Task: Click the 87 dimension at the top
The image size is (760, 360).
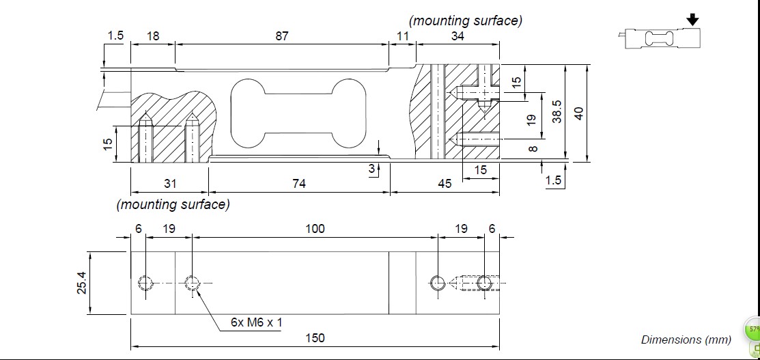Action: point(282,36)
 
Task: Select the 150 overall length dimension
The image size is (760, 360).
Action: point(315,337)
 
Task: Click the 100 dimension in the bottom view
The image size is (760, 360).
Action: point(315,229)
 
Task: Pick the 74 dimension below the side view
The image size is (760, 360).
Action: point(299,183)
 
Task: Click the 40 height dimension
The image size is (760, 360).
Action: point(578,113)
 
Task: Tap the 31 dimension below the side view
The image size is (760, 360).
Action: point(170,183)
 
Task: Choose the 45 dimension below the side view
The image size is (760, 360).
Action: point(445,183)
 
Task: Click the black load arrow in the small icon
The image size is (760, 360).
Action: point(693,20)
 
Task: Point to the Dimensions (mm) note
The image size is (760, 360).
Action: point(686,340)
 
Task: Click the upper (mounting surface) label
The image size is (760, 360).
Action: point(465,20)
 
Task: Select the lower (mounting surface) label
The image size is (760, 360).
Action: point(173,204)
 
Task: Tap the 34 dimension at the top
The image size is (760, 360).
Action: point(458,36)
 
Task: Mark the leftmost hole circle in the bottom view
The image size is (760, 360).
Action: point(145,282)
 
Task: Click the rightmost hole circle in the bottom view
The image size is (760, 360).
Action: point(485,282)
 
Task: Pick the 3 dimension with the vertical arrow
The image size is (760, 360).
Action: point(371,169)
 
